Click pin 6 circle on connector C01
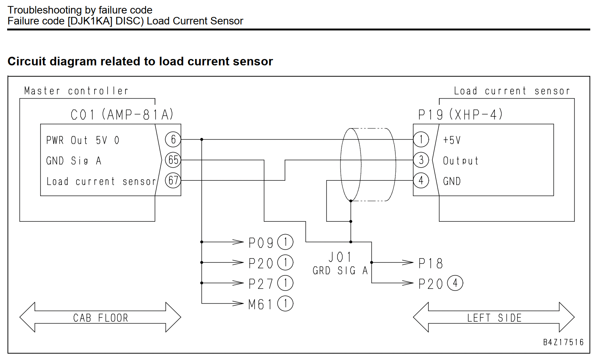pyautogui.click(x=173, y=139)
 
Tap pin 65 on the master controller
pyautogui.click(x=173, y=160)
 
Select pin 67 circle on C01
pyautogui.click(x=173, y=180)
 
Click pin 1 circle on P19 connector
pyautogui.click(x=421, y=139)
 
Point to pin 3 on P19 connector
pyautogui.click(x=421, y=160)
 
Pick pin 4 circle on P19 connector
pyautogui.click(x=421, y=180)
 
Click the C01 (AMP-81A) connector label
pyautogui.click(x=122, y=115)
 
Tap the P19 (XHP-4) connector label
pyautogui.click(x=460, y=115)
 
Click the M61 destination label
pyautogui.click(x=260, y=304)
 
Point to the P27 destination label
pyautogui.click(x=261, y=284)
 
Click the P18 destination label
pyautogui.click(x=431, y=263)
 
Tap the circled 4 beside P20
pyautogui.click(x=455, y=283)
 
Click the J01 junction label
pyautogui.click(x=340, y=257)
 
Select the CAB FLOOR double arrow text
pyautogui.click(x=101, y=318)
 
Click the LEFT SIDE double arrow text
pyautogui.click(x=494, y=318)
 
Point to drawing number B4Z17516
pyautogui.click(x=563, y=342)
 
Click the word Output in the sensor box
pyautogui.click(x=461, y=161)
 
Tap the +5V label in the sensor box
pyautogui.click(x=452, y=140)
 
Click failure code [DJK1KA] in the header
pyautogui.click(x=90, y=21)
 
